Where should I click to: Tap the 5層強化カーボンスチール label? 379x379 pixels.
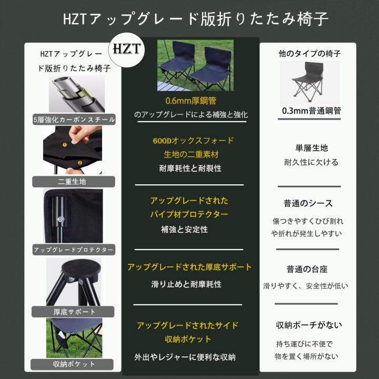coord(74,119)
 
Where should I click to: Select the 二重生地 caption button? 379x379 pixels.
coord(74,182)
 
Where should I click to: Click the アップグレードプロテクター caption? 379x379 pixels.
coord(74,250)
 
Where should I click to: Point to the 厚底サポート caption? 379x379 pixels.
coord(74,311)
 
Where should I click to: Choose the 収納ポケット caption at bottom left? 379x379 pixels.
coord(74,364)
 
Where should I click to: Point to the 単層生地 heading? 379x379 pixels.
coord(308,148)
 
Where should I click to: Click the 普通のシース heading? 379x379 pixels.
coord(308,203)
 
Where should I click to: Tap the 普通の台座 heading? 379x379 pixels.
coord(308,269)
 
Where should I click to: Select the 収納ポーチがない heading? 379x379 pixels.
coord(308,324)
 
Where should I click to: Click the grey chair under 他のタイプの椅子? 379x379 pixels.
coord(308,82)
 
